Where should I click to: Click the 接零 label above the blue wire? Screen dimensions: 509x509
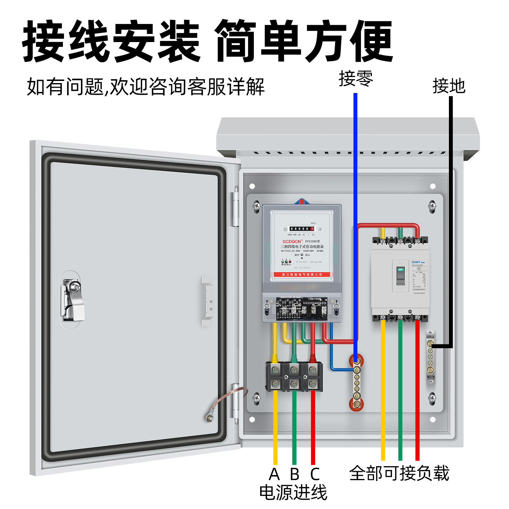tap(356, 78)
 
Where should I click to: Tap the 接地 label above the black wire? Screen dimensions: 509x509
tap(449, 86)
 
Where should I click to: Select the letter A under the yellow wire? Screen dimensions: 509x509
tap(274, 474)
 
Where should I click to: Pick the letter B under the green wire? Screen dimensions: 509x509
tap(294, 474)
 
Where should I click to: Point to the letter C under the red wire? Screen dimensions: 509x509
tap(315, 474)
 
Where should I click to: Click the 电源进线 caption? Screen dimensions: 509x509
tap(293, 492)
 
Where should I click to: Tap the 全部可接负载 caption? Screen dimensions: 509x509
tap(399, 473)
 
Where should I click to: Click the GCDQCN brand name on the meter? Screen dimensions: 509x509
tap(292, 241)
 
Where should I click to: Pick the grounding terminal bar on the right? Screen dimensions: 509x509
tap(430, 357)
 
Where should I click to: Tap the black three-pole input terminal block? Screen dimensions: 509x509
tap(294, 377)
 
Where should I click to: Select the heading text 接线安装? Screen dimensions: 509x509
tap(111, 41)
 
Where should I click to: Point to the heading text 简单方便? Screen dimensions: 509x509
tap(304, 41)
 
